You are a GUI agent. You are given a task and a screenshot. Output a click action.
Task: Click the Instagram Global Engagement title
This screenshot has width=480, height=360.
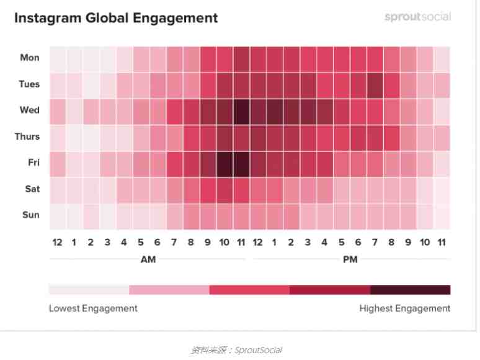pyautogui.click(x=116, y=18)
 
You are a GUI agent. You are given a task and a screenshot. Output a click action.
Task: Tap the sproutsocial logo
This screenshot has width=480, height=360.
pyautogui.click(x=417, y=17)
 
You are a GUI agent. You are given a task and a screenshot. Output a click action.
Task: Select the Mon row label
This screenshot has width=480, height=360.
pyautogui.click(x=30, y=58)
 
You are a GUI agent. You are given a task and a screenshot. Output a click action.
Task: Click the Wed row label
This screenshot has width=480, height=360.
pyautogui.click(x=30, y=110)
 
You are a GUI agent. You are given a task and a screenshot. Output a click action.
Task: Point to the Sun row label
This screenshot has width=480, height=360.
pyautogui.click(x=30, y=215)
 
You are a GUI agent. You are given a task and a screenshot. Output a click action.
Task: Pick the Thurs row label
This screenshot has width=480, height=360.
pyautogui.click(x=27, y=137)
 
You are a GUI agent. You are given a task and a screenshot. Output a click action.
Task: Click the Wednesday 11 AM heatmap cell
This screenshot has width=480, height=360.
pyautogui.click(x=241, y=110)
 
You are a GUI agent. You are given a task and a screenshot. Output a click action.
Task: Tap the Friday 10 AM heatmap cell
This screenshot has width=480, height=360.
pyautogui.click(x=224, y=163)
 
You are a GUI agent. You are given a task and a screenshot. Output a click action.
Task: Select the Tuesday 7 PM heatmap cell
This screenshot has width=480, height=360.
pyautogui.click(x=375, y=84)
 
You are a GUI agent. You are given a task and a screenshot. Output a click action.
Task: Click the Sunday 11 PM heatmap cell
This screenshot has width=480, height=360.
pyautogui.click(x=442, y=215)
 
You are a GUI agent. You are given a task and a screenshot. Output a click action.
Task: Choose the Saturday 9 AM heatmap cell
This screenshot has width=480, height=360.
pyautogui.click(x=208, y=189)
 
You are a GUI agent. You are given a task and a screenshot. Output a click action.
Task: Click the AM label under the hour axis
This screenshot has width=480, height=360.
pyautogui.click(x=148, y=259)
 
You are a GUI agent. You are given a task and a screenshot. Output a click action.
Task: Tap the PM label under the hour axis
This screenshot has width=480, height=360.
pyautogui.click(x=350, y=259)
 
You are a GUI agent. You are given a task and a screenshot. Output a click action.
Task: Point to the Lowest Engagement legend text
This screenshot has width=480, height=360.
pyautogui.click(x=93, y=308)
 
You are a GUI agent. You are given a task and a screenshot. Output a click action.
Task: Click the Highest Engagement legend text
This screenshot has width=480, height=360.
pyautogui.click(x=404, y=308)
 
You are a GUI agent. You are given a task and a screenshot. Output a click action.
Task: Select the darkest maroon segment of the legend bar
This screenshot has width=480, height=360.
pyautogui.click(x=410, y=290)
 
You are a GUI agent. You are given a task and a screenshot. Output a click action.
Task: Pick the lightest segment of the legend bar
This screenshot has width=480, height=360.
pyautogui.click(x=89, y=290)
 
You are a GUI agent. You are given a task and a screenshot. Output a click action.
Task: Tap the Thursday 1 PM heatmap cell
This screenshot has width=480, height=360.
pyautogui.click(x=274, y=137)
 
